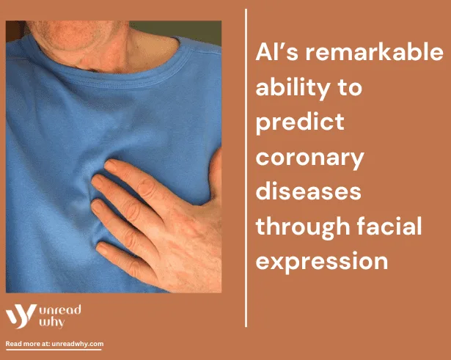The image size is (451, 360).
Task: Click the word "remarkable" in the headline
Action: click(374, 52)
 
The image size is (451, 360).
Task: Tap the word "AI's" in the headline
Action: click(276, 52)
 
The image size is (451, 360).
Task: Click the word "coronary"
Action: click(309, 159)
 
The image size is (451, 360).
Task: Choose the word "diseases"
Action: click(308, 191)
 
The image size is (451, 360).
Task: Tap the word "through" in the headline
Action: click(303, 227)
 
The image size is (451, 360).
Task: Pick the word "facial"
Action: click(389, 225)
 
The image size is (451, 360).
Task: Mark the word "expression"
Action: click(322, 262)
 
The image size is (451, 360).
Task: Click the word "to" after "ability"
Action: click(350, 88)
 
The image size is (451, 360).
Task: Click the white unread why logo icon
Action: click(21, 316)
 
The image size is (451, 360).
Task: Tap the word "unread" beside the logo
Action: click(60, 310)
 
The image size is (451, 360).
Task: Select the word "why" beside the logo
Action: click(52, 323)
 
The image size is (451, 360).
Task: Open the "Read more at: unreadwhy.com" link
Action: click(54, 344)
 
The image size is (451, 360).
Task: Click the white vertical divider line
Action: click(246, 168)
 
